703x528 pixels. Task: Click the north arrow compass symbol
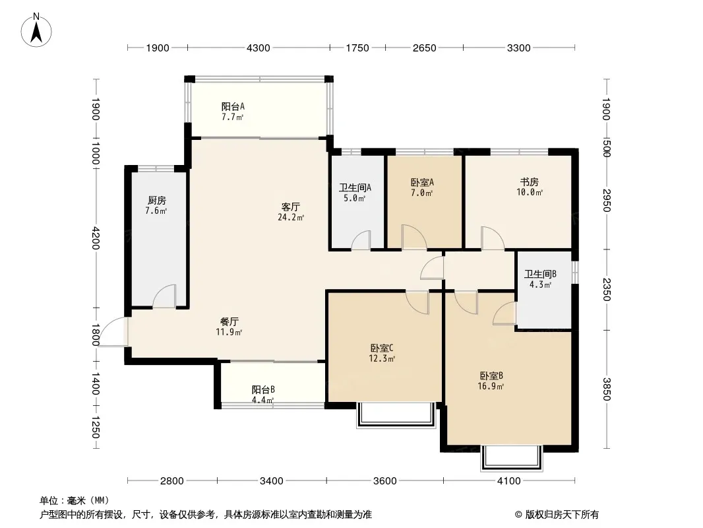(36, 30)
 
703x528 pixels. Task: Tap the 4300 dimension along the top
(259, 48)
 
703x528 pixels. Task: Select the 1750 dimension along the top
(357, 48)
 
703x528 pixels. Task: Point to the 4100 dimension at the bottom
(509, 481)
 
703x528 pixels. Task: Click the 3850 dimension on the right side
(606, 389)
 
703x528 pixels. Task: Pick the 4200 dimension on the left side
(96, 238)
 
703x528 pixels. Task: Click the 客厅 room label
(291, 207)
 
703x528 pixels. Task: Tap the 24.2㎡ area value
(291, 218)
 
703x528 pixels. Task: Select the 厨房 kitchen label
(156, 200)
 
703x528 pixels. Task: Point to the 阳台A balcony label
(233, 107)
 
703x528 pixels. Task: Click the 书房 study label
(530, 181)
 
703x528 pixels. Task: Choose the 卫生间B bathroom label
(541, 274)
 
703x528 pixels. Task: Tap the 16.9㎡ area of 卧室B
(491, 386)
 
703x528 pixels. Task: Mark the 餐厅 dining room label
(229, 321)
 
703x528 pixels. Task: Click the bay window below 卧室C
(396, 415)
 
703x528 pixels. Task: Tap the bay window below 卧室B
(512, 457)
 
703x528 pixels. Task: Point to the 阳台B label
(263, 389)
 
